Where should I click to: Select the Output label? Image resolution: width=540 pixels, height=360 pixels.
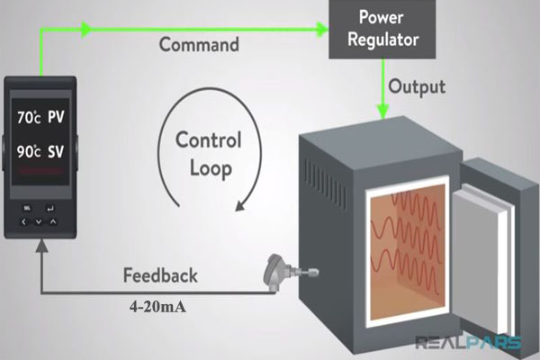tap(417, 88)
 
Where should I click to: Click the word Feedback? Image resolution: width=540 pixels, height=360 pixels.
tap(160, 274)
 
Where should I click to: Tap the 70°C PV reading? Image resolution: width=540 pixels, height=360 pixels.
tap(41, 117)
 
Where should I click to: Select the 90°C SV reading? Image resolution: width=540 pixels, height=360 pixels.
tap(41, 154)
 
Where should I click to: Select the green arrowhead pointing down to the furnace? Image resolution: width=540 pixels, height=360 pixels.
tap(382, 112)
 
